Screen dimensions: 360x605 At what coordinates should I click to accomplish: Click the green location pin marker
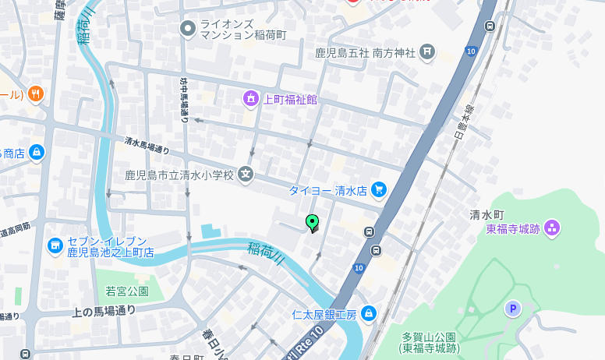pyautogui.click(x=313, y=223)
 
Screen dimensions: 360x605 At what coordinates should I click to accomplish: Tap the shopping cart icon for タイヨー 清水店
pyautogui.click(x=379, y=189)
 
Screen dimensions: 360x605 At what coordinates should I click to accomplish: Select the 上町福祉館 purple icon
pyautogui.click(x=251, y=99)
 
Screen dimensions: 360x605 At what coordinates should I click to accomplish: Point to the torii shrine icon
pyautogui.click(x=426, y=52)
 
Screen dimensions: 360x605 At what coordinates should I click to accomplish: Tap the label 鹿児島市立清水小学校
pyautogui.click(x=179, y=175)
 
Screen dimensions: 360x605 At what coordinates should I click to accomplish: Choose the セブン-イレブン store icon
pyautogui.click(x=55, y=246)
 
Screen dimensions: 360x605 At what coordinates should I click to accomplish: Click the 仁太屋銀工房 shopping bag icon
pyautogui.click(x=369, y=314)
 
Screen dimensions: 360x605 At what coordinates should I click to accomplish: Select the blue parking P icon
pyautogui.click(x=512, y=309)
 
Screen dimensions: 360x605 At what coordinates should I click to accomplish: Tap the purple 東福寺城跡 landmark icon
pyautogui.click(x=552, y=228)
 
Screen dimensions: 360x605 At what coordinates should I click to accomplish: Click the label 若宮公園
pyautogui.click(x=127, y=291)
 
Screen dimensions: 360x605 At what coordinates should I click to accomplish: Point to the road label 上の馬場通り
pyautogui.click(x=104, y=311)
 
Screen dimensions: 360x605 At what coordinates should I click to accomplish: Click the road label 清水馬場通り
pyautogui.click(x=147, y=145)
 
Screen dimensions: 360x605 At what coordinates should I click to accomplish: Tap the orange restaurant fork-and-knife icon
pyautogui.click(x=35, y=94)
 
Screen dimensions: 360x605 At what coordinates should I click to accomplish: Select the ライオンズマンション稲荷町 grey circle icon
pyautogui.click(x=187, y=30)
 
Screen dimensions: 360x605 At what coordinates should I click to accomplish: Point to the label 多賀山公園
pyautogui.click(x=430, y=337)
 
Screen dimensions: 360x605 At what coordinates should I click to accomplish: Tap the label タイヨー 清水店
pyautogui.click(x=327, y=190)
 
